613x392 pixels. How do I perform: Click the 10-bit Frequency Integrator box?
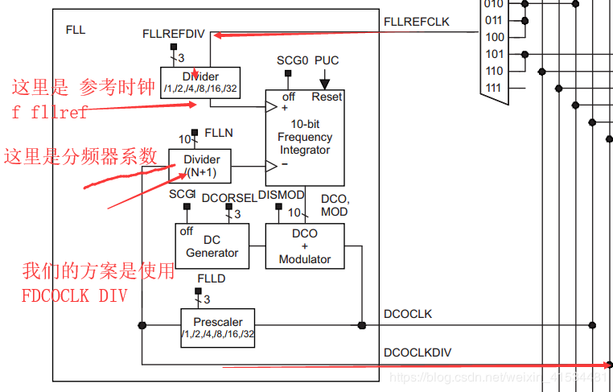pos(305,137)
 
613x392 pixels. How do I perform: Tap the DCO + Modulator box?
pos(305,246)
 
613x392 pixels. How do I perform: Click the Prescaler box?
pos(217,328)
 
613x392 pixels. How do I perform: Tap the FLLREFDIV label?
pos(173,34)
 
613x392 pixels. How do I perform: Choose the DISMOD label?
pos(282,194)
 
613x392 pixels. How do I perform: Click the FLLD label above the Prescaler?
pos(212,279)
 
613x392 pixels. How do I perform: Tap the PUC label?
pos(327,60)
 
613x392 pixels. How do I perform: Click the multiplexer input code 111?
pos(495,88)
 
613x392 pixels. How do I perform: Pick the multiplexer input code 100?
pos(495,37)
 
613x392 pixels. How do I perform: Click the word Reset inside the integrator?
pos(327,97)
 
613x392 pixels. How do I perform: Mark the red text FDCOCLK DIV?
pos(74,295)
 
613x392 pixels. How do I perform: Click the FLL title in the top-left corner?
pos(75,31)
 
